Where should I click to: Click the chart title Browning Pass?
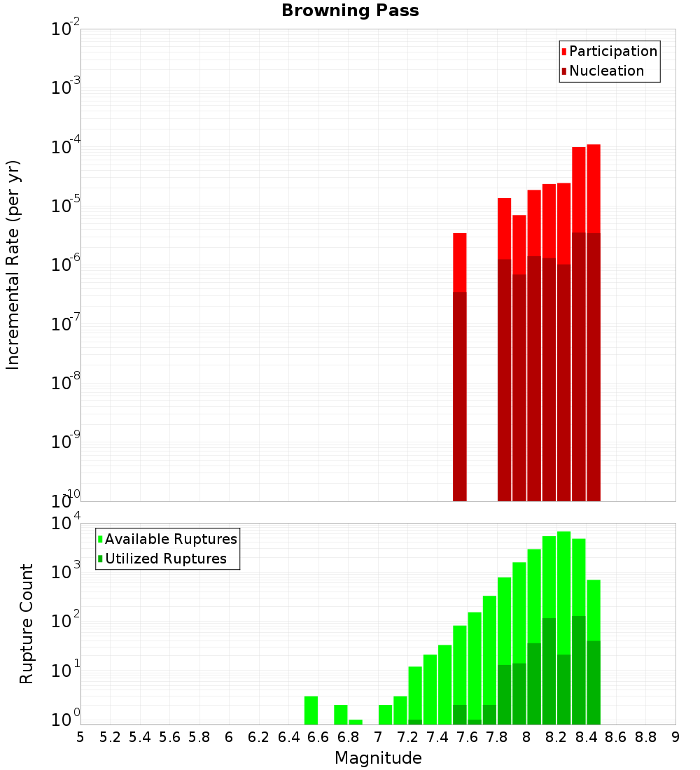[x=350, y=11]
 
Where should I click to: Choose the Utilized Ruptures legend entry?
[x=165, y=559]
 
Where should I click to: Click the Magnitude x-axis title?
[x=378, y=758]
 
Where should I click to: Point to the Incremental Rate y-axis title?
[x=13, y=265]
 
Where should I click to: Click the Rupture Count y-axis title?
[x=27, y=623]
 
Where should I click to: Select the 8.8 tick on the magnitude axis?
[x=645, y=736]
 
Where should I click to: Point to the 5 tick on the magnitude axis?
[x=80, y=736]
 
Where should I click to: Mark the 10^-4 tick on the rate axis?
[x=65, y=148]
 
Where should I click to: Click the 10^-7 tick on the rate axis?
[x=65, y=324]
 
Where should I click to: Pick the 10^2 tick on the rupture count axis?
[x=65, y=621]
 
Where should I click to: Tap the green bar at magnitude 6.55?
[x=311, y=710]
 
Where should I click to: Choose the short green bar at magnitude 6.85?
[x=356, y=722]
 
